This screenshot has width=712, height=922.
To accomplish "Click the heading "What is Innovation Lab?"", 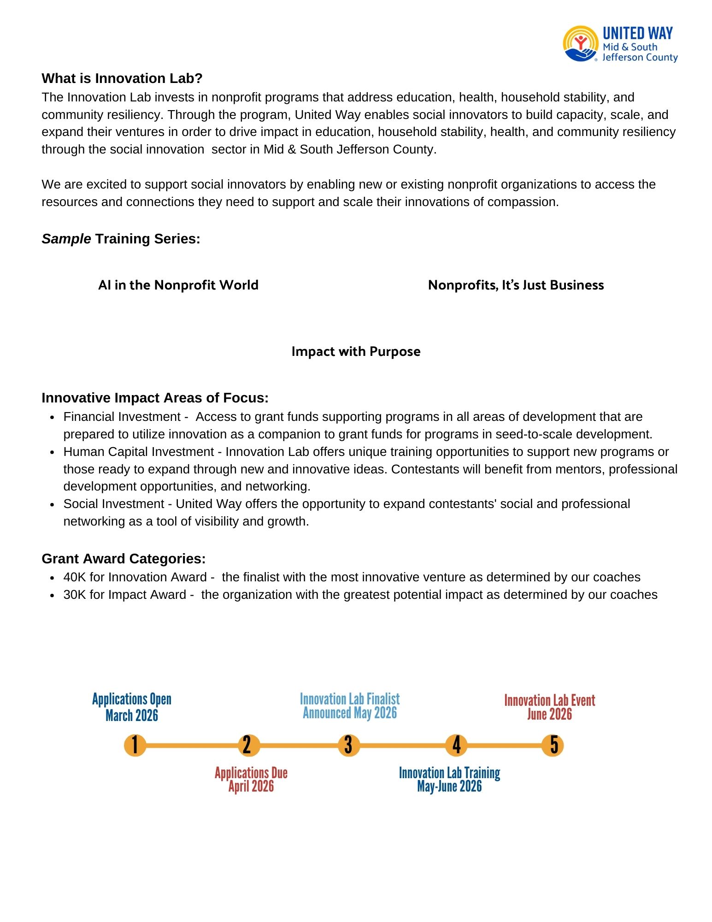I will tap(122, 78).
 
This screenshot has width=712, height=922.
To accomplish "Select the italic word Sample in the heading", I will tap(66, 239).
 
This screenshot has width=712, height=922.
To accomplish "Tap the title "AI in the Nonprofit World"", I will tap(178, 285).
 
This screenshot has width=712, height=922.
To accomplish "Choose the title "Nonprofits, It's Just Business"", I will tap(516, 285).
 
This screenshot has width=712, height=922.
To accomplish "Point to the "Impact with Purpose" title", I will tap(356, 351).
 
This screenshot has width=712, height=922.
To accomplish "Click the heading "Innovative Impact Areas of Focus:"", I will tap(155, 398).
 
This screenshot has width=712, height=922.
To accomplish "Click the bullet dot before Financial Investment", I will tap(53, 417).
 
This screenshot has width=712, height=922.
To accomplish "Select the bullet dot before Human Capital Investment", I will tap(53, 452).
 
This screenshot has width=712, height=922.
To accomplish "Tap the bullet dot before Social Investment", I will tap(53, 504).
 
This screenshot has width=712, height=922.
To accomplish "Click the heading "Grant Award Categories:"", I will tap(124, 559).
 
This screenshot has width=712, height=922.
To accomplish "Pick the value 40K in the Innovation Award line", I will tap(75, 577).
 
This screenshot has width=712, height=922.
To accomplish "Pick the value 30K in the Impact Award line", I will tap(75, 595).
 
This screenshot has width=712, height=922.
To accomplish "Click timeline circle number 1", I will tap(135, 745).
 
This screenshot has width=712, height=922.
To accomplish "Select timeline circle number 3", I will tap(349, 745).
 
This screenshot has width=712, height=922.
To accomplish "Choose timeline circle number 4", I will tap(456, 745).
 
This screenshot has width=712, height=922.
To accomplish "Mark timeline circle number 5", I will tap(552, 745).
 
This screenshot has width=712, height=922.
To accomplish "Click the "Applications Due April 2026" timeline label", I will tap(251, 780).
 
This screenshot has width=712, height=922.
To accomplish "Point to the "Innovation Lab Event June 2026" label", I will tap(549, 707).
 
